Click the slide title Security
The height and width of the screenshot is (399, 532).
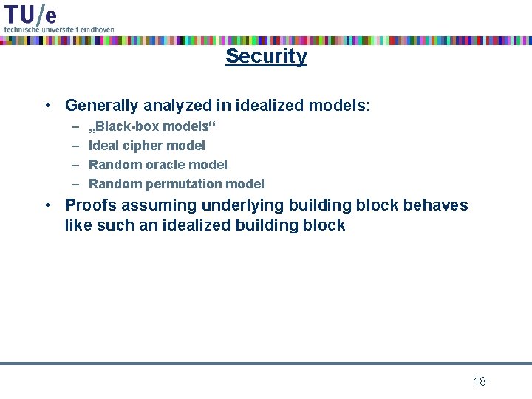point(266,56)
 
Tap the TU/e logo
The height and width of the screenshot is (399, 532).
point(30,14)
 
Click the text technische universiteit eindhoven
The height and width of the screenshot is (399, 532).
point(59,28)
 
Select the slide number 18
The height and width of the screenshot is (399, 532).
point(480,381)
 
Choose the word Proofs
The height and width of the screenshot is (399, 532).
point(90,205)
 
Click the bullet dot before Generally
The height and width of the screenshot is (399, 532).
point(47,106)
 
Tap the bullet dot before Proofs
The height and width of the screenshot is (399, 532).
point(47,205)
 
